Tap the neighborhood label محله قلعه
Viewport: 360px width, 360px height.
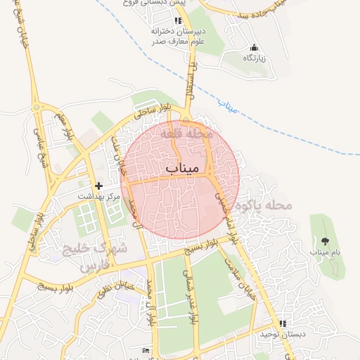pos(186,132)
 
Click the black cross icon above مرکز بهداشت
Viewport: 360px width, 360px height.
pos(98,186)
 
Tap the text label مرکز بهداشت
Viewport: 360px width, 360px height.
pos(98,196)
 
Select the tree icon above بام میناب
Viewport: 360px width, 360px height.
pos(324,240)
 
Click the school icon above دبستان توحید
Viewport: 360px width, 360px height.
pos(283,323)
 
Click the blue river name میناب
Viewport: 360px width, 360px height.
pos(228,106)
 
